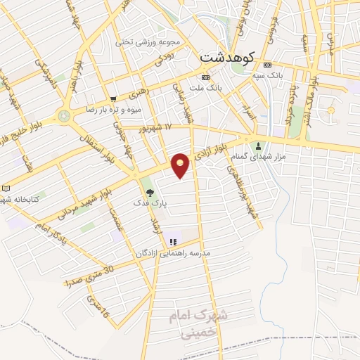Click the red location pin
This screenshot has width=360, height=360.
[x=181, y=165]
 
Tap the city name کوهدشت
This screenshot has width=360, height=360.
[x=226, y=57]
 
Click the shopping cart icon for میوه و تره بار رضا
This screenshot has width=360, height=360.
[x=113, y=99]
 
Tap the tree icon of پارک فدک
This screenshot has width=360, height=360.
[x=148, y=191]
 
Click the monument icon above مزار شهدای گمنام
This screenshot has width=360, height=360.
[x=259, y=147]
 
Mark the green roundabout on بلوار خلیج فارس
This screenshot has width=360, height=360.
[x=65, y=115]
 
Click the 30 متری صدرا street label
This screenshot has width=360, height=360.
[x=89, y=276]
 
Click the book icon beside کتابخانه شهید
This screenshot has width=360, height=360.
[x=6, y=189]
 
